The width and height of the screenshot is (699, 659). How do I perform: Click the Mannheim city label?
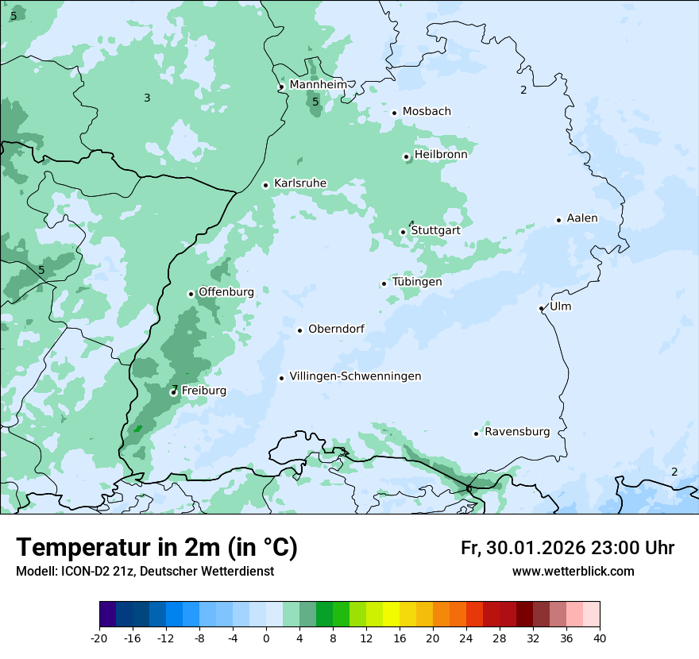pos(318,84)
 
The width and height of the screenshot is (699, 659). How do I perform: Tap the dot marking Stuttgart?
pos(403,232)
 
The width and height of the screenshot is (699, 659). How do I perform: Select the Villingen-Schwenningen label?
pos(355,376)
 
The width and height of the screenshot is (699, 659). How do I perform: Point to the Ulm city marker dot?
pos(541,308)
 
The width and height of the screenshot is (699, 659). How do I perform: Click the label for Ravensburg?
pos(517,432)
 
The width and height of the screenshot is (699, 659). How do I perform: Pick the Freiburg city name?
pos(203,391)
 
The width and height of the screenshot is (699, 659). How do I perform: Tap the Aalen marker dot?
pos(558,220)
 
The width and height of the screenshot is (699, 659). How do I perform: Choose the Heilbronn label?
pos(441,155)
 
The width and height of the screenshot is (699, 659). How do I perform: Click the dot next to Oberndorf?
pos(299,330)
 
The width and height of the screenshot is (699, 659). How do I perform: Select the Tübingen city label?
pos(417,282)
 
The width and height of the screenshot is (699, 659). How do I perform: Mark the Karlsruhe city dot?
pos(265,185)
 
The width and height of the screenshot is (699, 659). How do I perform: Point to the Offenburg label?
pos(226,292)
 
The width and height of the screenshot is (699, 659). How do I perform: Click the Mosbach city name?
pos(427,111)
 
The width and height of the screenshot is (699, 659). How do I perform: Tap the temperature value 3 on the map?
pos(147,98)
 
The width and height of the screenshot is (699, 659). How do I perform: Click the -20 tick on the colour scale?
pos(99,638)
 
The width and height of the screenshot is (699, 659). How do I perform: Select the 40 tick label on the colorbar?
pos(600,638)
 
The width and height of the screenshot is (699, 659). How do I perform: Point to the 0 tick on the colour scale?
pos(266,638)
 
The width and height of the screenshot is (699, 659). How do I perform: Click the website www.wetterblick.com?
pos(573,571)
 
